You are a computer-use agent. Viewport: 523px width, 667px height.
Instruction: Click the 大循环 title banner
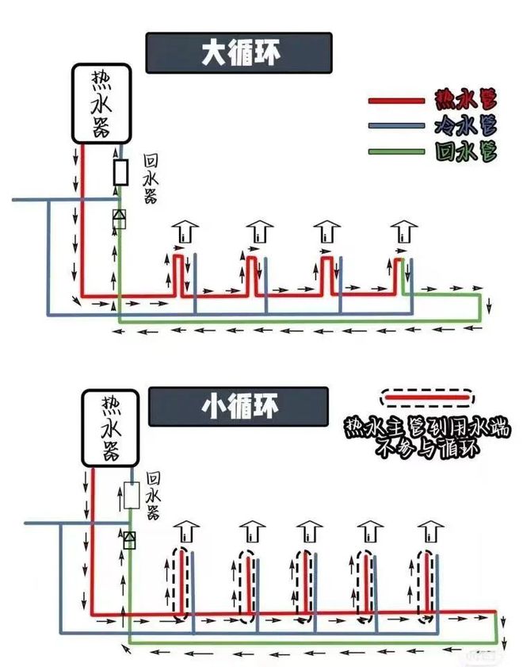tap(239, 53)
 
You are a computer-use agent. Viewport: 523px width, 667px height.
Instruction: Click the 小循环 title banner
tap(238, 406)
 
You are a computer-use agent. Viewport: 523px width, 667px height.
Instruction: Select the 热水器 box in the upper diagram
tap(101, 104)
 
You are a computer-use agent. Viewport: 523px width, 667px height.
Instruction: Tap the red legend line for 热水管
tap(396, 101)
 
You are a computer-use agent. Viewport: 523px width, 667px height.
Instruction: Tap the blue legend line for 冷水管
tap(396, 125)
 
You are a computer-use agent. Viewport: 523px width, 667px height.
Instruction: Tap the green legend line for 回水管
tap(396, 151)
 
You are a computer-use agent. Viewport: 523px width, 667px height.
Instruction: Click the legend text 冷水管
tap(466, 125)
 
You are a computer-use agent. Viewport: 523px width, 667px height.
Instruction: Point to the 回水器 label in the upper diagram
tap(151, 178)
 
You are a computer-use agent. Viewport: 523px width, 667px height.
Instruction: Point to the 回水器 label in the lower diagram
tap(153, 496)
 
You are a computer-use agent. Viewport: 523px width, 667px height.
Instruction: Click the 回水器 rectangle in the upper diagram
tap(121, 172)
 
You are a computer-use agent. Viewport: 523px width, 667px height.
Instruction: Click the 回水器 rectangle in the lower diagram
tap(132, 496)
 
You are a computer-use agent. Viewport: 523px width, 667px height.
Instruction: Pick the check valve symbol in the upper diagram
tap(120, 219)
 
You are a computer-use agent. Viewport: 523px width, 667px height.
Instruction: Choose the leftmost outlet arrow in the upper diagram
tap(185, 232)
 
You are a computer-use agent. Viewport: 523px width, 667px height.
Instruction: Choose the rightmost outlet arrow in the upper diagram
tap(403, 232)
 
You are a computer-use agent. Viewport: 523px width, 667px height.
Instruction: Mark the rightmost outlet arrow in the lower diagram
tap(430, 531)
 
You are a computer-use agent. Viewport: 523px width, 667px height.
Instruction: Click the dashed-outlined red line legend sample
tap(427, 398)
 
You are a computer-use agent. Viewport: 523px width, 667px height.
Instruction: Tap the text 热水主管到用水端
tap(427, 429)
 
